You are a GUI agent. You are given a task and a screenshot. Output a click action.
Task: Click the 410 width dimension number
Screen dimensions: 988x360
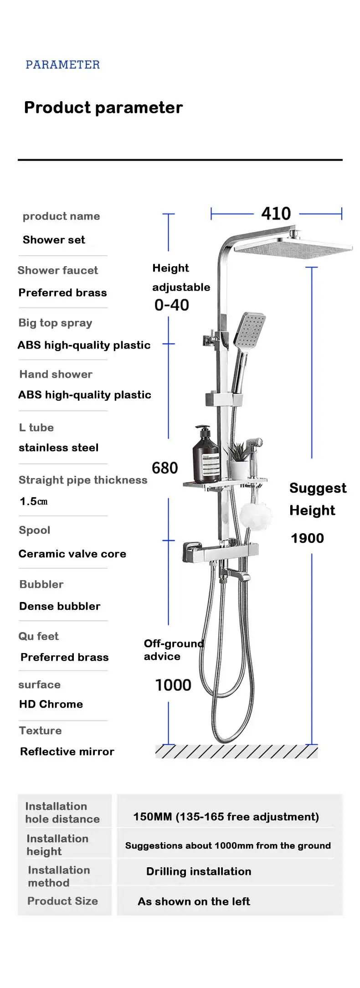click(x=276, y=213)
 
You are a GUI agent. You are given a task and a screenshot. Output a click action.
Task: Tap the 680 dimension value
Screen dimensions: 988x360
click(x=165, y=468)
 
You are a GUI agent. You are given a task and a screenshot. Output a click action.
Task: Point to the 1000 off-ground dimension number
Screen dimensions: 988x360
click(x=173, y=685)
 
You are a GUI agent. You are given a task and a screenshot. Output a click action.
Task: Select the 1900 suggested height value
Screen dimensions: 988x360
click(x=307, y=538)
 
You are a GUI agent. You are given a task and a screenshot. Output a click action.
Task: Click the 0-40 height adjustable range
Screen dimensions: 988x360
click(x=171, y=305)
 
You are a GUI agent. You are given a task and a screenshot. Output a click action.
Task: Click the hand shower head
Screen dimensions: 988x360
click(x=248, y=329)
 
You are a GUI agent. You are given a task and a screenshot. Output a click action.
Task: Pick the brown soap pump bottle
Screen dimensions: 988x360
click(x=206, y=455)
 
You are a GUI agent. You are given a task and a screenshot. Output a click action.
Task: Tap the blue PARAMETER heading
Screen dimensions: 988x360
click(x=62, y=65)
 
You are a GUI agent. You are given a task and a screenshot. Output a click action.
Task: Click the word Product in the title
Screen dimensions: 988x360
click(x=57, y=108)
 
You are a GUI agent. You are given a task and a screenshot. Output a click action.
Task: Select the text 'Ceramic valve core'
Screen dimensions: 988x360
click(x=72, y=554)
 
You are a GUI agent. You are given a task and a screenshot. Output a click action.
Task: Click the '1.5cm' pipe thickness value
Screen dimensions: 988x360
click(x=33, y=501)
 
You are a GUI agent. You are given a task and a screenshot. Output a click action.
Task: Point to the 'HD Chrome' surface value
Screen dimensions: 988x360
click(x=51, y=704)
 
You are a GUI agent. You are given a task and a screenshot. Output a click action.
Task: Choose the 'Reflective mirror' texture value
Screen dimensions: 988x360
click(x=67, y=751)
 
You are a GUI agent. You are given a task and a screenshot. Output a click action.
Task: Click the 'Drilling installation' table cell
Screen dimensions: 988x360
click(x=199, y=871)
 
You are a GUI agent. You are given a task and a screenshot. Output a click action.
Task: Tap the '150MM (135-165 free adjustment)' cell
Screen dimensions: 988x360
click(x=226, y=816)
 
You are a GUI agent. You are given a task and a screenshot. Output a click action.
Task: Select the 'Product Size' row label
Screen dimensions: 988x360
click(x=62, y=901)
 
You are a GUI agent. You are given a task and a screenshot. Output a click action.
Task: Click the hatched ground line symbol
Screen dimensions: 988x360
click(x=236, y=751)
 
